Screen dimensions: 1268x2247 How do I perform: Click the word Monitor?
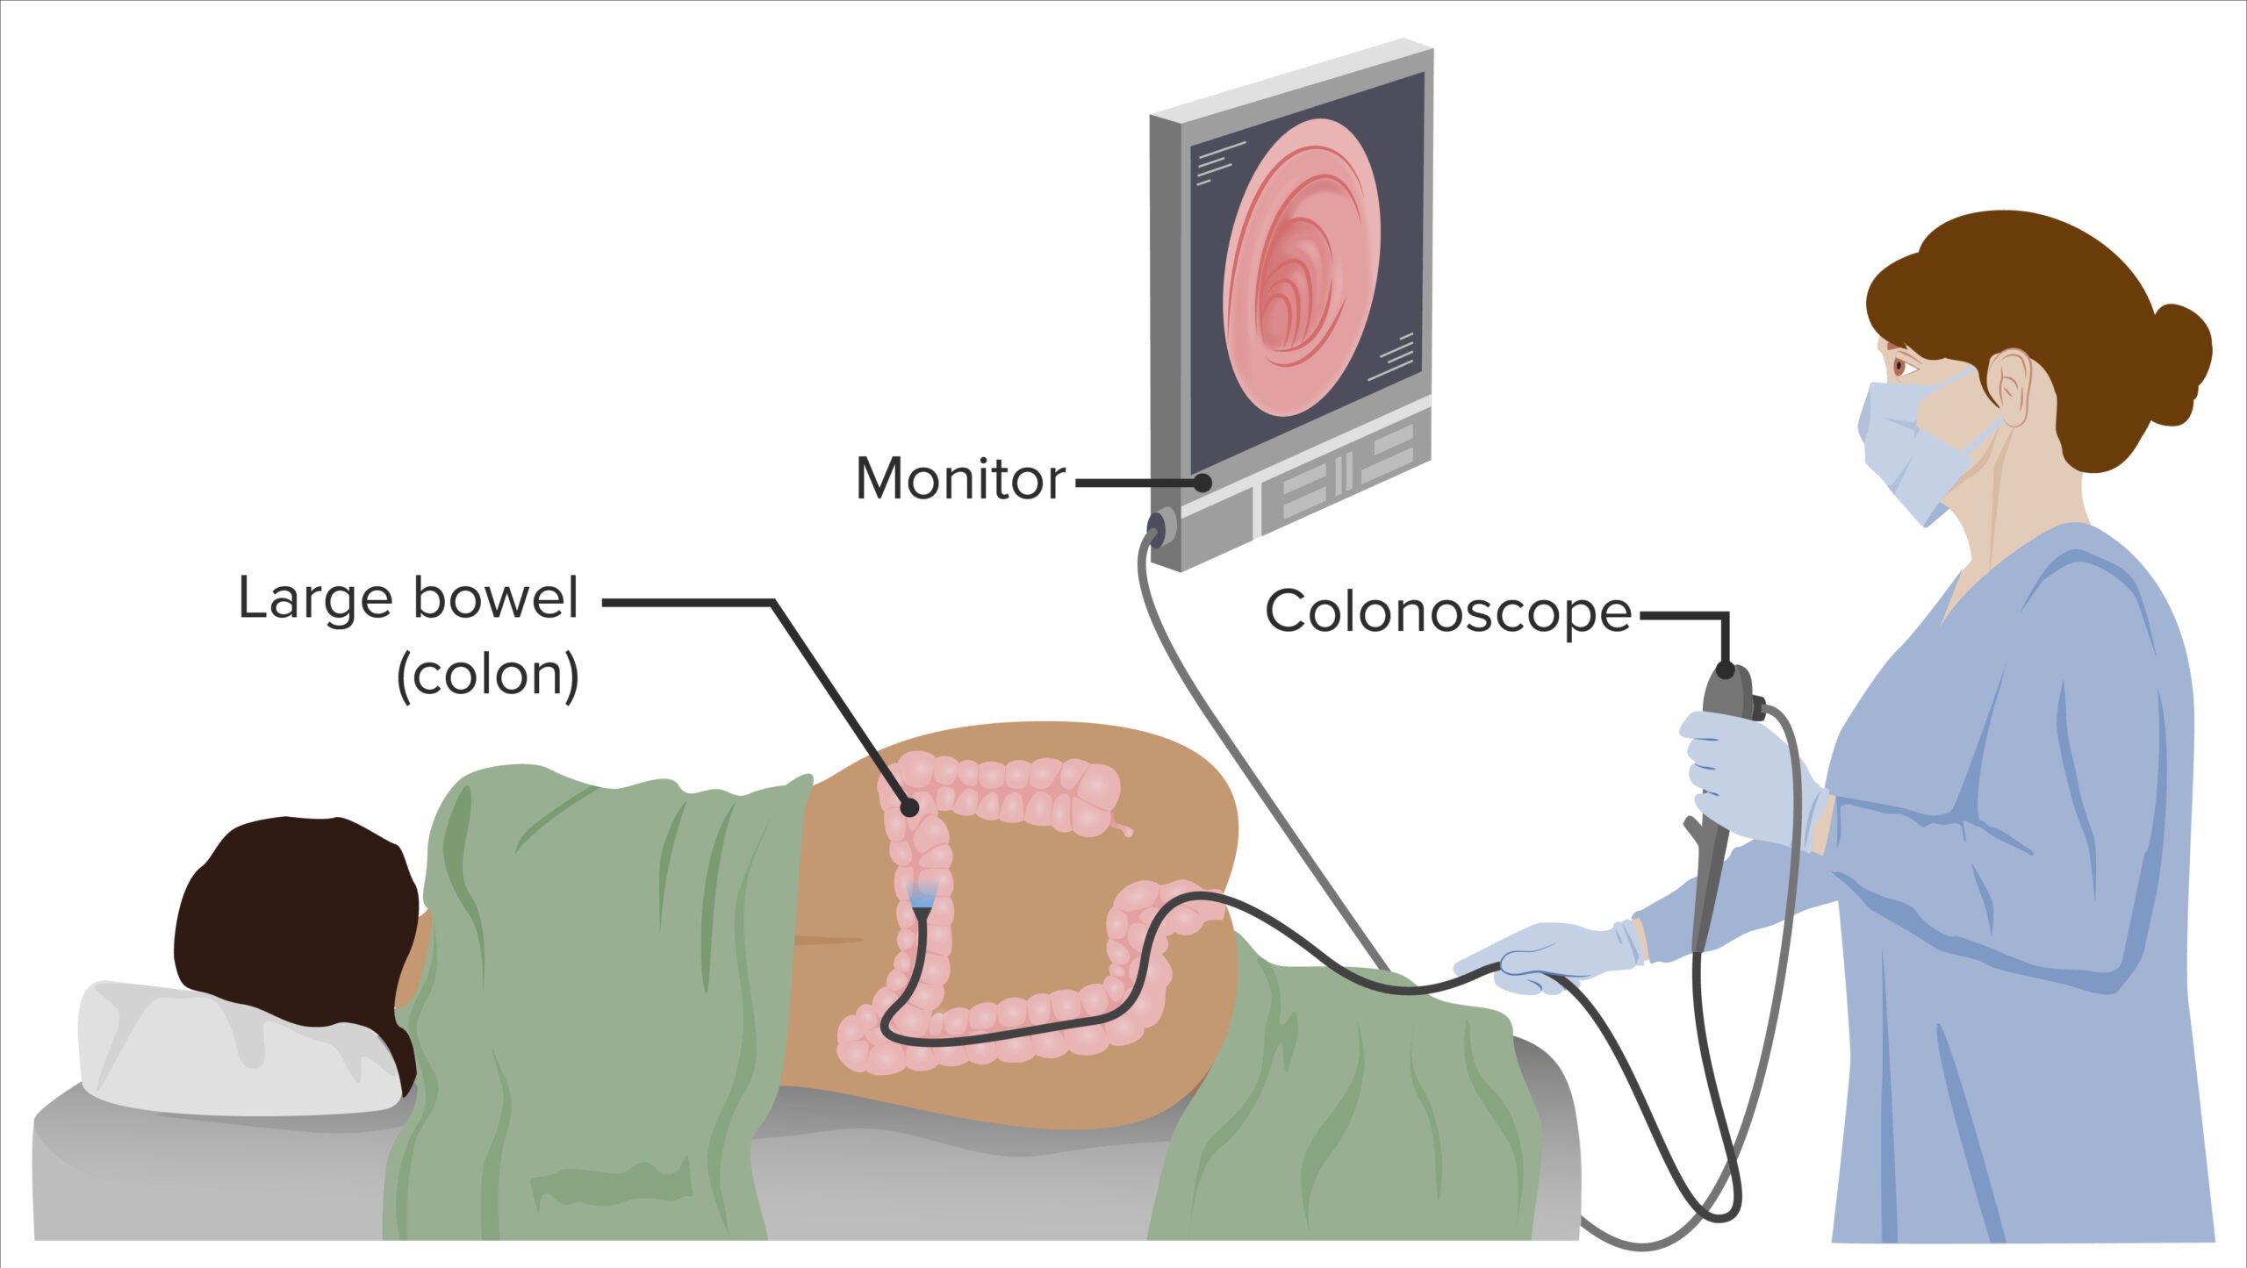(x=960, y=479)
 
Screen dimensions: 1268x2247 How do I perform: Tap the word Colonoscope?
(x=1447, y=612)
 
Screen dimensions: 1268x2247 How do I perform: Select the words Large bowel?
(x=408, y=600)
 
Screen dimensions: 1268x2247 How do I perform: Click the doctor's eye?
(x=1901, y=366)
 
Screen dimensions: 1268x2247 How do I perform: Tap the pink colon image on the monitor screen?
(x=1301, y=268)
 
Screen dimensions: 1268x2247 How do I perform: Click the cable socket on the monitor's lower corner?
(x=1160, y=527)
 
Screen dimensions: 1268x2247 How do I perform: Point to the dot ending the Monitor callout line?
(x=1202, y=482)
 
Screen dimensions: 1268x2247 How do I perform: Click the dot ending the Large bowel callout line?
(x=910, y=806)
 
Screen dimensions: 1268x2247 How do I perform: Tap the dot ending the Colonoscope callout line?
(x=1726, y=671)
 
